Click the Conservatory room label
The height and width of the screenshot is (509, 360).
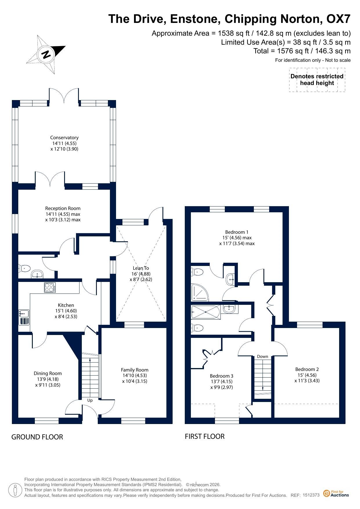64,137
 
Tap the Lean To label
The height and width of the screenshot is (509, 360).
141,268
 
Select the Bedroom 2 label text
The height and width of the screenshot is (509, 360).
307,369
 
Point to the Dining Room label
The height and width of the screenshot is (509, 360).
48,373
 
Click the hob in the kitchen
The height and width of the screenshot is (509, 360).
50,287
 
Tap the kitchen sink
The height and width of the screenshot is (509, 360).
24,314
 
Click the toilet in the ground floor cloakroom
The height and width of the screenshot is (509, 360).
24,268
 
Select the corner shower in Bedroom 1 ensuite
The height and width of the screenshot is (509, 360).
199,292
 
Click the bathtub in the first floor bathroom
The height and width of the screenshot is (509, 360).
206,312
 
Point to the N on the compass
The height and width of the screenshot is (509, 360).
46,54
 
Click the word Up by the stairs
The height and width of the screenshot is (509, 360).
90,400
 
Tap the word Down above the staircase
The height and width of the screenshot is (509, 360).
263,356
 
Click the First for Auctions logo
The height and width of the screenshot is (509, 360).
336,493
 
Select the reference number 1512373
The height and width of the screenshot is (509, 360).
311,495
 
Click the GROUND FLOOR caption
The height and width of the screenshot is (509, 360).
37,437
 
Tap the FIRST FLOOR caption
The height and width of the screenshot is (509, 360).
205,436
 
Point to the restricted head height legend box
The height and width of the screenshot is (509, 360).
317,80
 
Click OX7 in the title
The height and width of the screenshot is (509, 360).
339,19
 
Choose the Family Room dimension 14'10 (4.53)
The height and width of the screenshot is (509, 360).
135,376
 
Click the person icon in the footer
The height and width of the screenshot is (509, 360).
15,490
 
